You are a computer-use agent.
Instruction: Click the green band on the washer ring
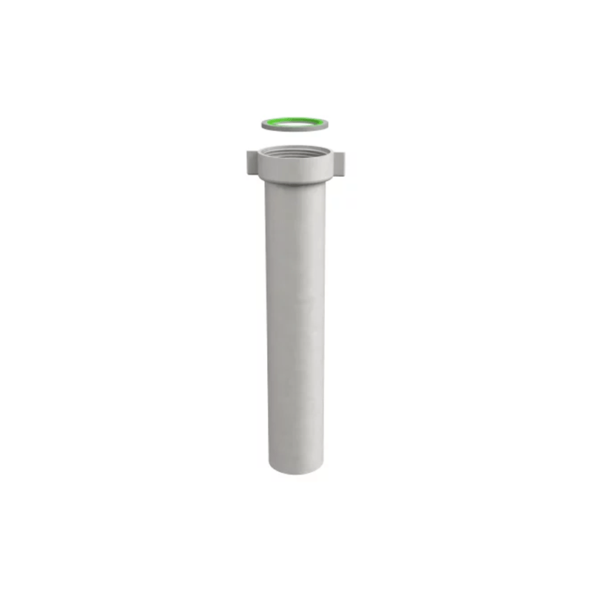click(295, 118)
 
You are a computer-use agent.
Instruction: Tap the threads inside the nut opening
click(295, 152)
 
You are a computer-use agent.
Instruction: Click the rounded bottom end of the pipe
click(295, 468)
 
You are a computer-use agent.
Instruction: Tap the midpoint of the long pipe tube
click(295, 326)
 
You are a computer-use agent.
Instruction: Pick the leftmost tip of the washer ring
click(262, 124)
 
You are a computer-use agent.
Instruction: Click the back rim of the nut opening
click(295, 147)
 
